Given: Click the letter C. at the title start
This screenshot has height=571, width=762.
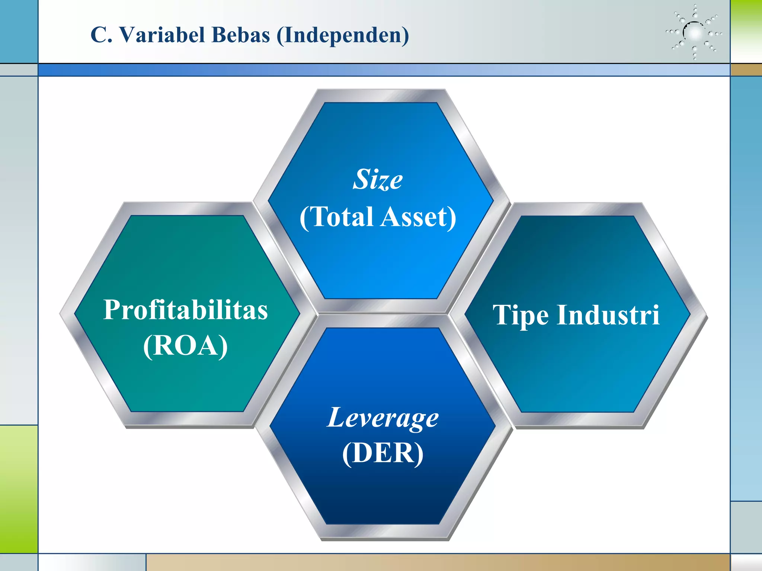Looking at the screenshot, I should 101,35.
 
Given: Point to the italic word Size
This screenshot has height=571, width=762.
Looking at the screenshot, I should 378,180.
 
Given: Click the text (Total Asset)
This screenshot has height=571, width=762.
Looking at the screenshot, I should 378,217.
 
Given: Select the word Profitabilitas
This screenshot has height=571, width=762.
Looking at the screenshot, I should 185,310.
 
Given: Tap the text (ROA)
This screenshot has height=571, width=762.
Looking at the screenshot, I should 185,346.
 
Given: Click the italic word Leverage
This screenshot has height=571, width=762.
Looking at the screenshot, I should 383,418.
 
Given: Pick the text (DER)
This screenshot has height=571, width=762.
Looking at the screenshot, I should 383,453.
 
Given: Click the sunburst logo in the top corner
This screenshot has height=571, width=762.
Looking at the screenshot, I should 694,33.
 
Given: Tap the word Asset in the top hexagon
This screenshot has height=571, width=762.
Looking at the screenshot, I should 418,217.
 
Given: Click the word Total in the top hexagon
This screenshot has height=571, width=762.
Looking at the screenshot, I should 342,217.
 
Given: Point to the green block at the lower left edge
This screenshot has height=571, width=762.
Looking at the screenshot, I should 19,489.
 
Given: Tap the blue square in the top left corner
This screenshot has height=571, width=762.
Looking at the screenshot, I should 19,31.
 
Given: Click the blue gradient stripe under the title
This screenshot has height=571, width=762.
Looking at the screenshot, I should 383,70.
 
